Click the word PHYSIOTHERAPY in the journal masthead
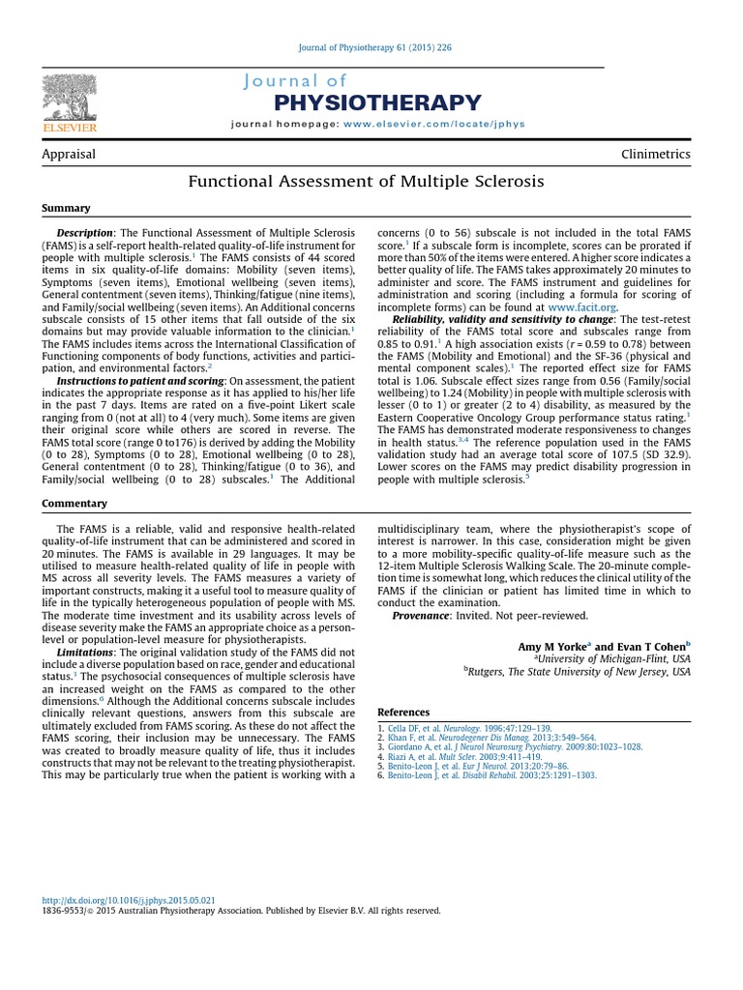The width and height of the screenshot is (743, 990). (377, 102)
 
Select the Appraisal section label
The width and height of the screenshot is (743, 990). (69, 154)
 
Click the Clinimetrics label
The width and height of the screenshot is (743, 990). (656, 154)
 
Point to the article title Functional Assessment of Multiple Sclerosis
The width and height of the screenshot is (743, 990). (366, 181)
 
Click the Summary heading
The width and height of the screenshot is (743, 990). (66, 208)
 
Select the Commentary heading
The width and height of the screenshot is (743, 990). (74, 504)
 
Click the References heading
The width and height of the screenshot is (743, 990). (403, 713)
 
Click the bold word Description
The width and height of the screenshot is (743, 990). (85, 233)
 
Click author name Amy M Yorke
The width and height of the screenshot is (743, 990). (550, 646)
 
